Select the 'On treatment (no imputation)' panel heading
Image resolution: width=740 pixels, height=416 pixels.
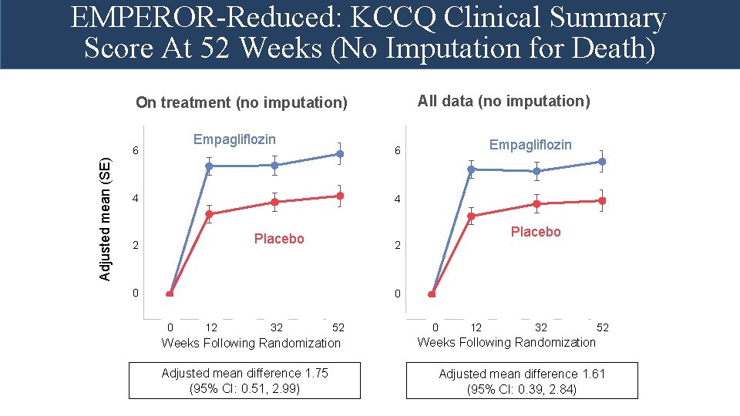coord(241,102)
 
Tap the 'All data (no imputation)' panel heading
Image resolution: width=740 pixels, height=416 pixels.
coord(503,101)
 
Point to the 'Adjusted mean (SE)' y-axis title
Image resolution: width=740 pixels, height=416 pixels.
coord(107,219)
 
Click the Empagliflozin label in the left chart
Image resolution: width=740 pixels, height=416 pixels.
coord(234,139)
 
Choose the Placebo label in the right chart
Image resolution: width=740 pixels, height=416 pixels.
coord(536,232)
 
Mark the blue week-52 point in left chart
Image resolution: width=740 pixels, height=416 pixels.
coord(339,154)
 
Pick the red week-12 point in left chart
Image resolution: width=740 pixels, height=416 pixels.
coord(208,214)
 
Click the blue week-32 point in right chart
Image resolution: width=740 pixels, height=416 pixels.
coord(536,171)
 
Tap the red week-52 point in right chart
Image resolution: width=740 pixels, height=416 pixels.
coord(602,200)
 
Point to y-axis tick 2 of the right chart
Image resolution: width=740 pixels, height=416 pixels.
coord(397,247)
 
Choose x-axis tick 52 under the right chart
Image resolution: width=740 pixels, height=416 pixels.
coord(603,327)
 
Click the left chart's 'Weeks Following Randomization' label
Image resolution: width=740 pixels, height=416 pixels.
coord(251,343)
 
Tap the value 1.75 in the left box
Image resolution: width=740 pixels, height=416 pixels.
coord(315,373)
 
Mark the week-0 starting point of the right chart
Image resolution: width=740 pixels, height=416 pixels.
coord(432,294)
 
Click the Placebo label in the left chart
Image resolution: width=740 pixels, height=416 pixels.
coord(279,239)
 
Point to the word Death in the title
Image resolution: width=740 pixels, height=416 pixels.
coord(602,49)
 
